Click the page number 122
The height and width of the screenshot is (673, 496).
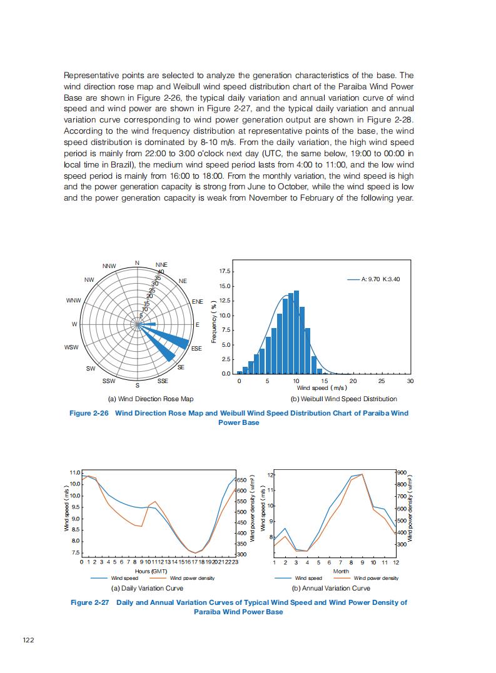click(x=28, y=639)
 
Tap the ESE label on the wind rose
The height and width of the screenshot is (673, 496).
click(x=196, y=348)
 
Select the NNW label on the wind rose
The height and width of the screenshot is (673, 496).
click(x=109, y=266)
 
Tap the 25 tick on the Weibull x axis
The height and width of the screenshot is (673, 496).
click(x=382, y=381)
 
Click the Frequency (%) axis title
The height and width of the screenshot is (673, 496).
click(x=214, y=322)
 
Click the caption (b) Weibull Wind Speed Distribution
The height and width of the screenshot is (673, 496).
click(x=343, y=399)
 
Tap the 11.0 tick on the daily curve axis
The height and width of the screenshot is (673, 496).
click(x=74, y=472)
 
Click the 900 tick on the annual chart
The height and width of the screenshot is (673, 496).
click(x=402, y=473)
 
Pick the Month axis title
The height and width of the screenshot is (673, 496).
click(x=341, y=571)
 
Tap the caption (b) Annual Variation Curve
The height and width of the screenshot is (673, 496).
click(x=331, y=588)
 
